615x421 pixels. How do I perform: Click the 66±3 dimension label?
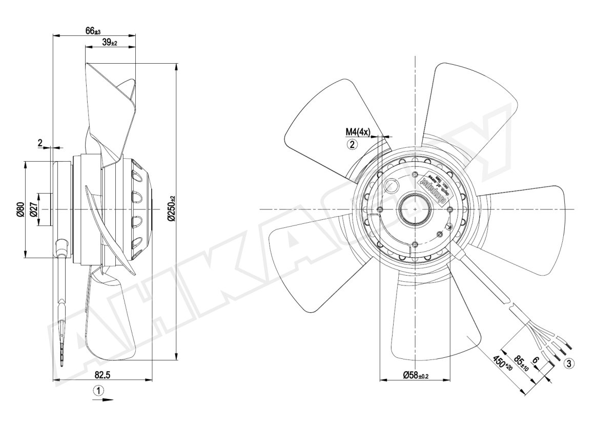93,31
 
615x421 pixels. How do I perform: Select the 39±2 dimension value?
110,43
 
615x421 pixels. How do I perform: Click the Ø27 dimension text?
34,210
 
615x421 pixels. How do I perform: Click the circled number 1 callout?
99,390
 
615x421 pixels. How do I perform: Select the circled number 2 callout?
352,144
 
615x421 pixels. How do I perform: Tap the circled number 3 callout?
568,364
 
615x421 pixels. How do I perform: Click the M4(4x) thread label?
357,132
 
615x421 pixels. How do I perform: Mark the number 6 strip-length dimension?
536,360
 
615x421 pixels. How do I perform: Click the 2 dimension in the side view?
40,143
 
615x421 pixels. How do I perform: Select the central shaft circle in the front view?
414,209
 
